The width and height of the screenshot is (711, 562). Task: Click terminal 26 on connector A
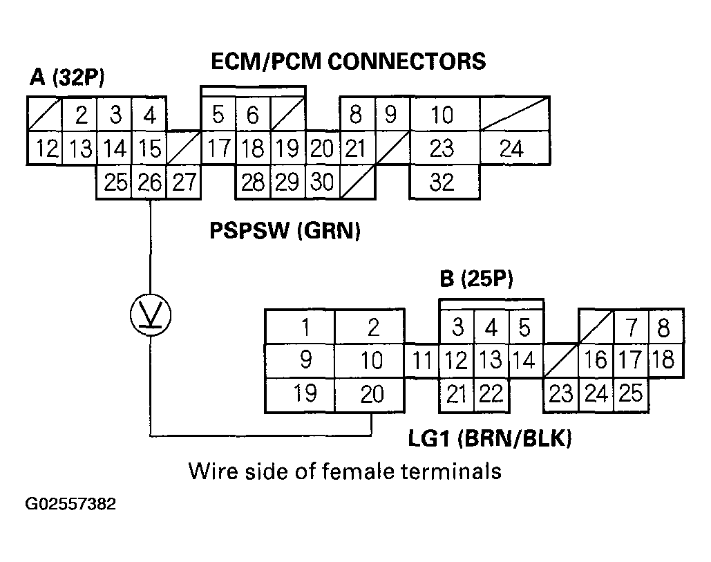pos(149,182)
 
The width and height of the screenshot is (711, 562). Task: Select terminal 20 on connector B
pos(372,395)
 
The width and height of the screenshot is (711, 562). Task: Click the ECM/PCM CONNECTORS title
pos(348,62)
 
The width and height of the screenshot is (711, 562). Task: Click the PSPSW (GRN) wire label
pos(285,231)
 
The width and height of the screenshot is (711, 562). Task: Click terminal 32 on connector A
pos(442,182)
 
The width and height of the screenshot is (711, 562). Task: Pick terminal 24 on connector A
pos(511,149)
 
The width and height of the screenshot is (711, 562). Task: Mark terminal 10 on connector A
pos(442,115)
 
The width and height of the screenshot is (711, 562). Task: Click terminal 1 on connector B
pos(305,327)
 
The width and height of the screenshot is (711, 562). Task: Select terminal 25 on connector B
pos(631,395)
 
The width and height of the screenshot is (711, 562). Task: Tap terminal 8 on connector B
pos(663,327)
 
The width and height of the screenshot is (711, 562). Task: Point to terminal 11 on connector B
pos(422,361)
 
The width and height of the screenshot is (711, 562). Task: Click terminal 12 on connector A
pos(45,149)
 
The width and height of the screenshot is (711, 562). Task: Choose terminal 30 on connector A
pos(321,182)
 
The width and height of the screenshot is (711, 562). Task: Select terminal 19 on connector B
pos(305,395)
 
